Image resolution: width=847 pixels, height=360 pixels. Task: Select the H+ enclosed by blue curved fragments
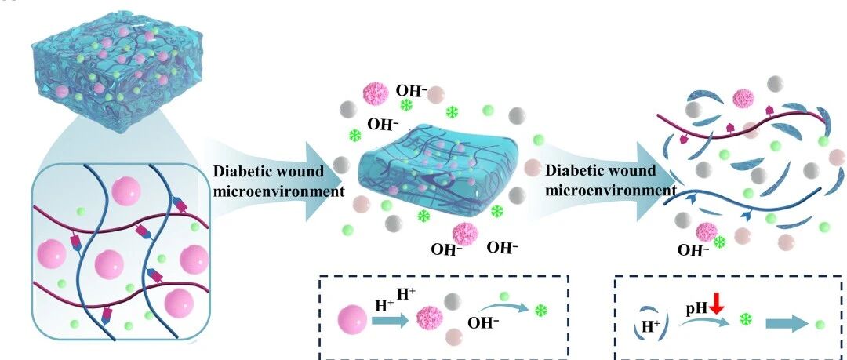(x=650, y=325)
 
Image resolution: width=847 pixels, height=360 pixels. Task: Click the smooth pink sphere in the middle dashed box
(x=353, y=320)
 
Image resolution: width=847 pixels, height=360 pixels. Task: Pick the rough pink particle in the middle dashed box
(x=430, y=319)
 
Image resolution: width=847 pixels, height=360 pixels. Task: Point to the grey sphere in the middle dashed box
(x=452, y=301)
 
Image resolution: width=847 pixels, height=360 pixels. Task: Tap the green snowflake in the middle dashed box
(x=540, y=311)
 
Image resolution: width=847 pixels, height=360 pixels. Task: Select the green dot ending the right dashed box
(x=820, y=325)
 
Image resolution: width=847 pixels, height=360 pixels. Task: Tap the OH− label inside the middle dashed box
(x=483, y=323)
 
